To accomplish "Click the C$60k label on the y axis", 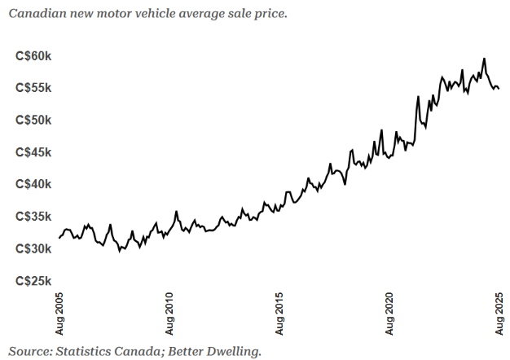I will pos(33,55).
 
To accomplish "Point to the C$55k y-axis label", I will pos(33,88).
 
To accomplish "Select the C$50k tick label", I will pos(33,120).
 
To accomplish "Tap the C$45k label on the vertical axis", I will pos(33,152).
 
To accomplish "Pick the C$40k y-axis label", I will pos(33,184).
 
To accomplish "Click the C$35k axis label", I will pos(33,217).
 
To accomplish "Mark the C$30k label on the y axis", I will pos(33,248).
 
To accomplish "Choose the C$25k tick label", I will pos(33,281).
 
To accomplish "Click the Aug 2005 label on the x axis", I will pos(59,313).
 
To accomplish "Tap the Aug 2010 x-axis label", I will pos(169,313).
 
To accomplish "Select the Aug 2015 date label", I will pos(279,313).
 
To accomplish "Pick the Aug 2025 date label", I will pos(499,313).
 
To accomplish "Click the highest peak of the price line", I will pos(485,59).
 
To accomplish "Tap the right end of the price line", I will pos(499,88).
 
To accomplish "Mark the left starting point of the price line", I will pos(59,238).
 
